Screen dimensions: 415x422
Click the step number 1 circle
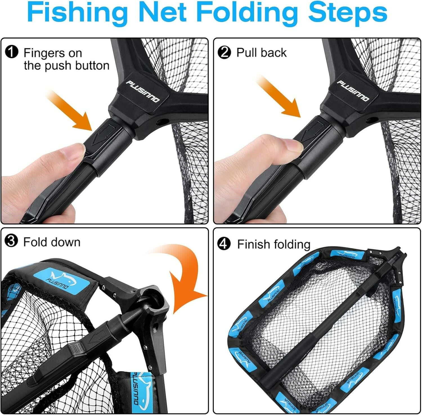tap(12, 53)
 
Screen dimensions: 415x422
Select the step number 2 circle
tap(224, 53)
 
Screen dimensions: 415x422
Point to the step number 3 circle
tap(12, 241)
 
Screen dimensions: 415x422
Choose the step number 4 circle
tap(224, 244)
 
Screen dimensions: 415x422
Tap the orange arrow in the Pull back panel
tap(279, 97)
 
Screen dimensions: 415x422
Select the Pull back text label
tap(261, 53)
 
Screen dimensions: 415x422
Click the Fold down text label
tap(52, 242)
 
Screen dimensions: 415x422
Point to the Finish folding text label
tap(273, 244)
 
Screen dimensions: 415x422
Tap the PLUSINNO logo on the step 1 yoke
tap(142, 91)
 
